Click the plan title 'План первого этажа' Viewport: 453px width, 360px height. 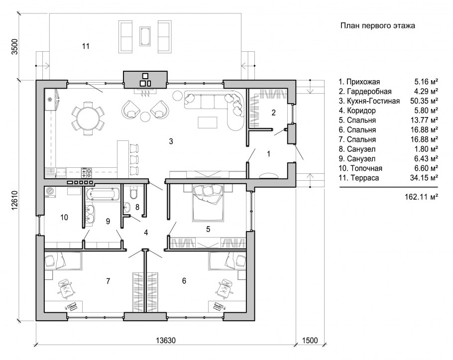378,26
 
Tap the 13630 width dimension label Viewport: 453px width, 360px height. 166,341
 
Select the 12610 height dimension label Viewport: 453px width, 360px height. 15,201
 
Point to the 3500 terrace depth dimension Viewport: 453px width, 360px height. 15,46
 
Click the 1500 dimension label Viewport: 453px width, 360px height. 310,341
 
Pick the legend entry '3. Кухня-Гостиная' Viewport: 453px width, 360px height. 369,101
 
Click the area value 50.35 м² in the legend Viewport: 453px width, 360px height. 424,101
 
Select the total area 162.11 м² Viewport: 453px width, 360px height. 421,197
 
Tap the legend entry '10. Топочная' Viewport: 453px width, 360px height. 360,168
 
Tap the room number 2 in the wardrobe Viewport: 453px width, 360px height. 273,113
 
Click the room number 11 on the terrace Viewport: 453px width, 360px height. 86,46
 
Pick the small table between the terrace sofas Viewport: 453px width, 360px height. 145,36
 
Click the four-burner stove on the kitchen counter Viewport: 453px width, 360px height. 87,172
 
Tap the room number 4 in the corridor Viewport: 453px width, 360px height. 146,233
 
